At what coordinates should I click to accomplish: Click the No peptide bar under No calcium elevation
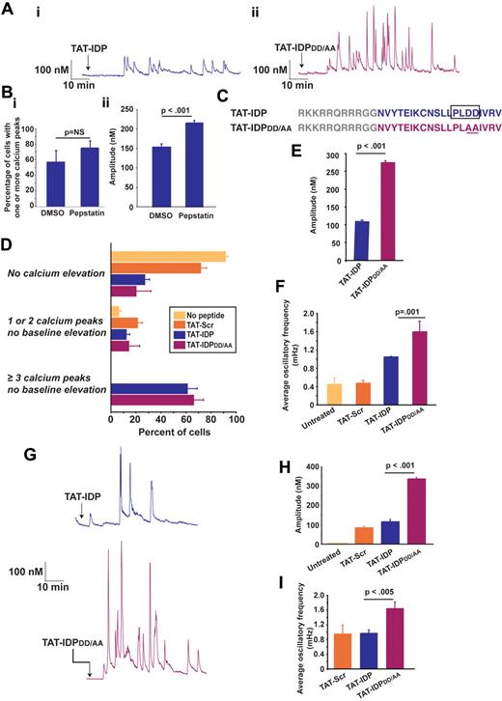169,257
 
